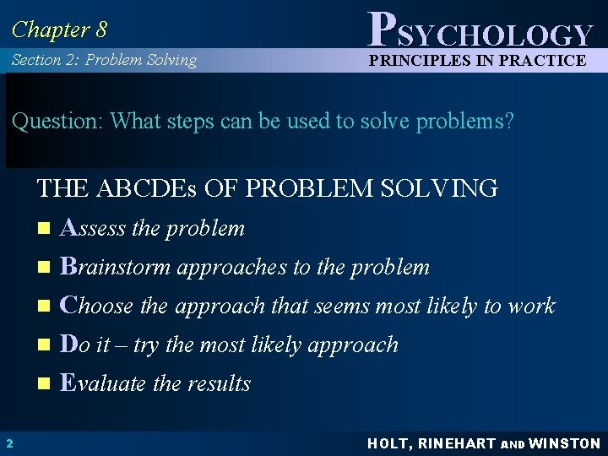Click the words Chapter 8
pyautogui.click(x=59, y=30)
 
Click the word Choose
pyautogui.click(x=98, y=306)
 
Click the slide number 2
pyautogui.click(x=8, y=443)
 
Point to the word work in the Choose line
pyautogui.click(x=531, y=306)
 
